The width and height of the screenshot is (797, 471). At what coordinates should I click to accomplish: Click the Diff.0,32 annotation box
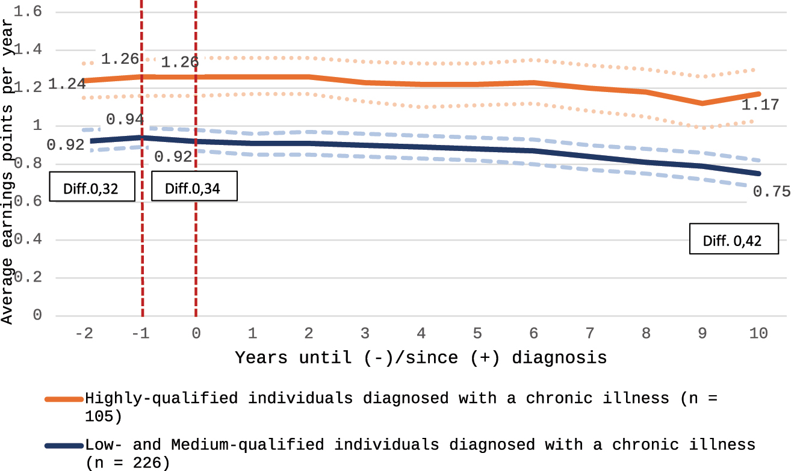coord(91,188)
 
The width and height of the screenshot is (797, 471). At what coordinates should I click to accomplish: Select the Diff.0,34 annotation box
coord(193,188)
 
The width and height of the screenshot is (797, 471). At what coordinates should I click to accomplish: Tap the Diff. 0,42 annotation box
coord(734,239)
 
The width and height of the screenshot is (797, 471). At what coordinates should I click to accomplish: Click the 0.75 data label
coord(771,192)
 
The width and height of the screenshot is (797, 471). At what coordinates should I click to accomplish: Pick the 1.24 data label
coord(66,85)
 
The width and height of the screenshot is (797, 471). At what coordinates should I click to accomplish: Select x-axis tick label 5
coord(477,333)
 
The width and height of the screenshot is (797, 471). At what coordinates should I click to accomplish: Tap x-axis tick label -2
coord(85,333)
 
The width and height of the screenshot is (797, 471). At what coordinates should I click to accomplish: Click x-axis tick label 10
coord(758,333)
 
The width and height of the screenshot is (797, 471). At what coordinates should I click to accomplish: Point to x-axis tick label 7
coord(590,333)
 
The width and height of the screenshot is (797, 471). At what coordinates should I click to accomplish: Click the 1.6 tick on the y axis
coord(30,12)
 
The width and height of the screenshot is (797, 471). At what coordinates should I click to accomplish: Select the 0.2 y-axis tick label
coord(30,278)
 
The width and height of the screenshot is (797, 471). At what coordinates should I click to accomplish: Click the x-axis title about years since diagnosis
coord(421,359)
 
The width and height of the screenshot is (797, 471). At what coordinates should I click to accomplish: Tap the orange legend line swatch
coord(63,399)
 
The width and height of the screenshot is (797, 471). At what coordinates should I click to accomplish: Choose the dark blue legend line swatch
coord(63,446)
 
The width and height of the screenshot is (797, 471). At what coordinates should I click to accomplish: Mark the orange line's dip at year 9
coord(702,103)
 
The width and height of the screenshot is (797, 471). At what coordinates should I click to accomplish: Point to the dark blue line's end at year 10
coord(758,174)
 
